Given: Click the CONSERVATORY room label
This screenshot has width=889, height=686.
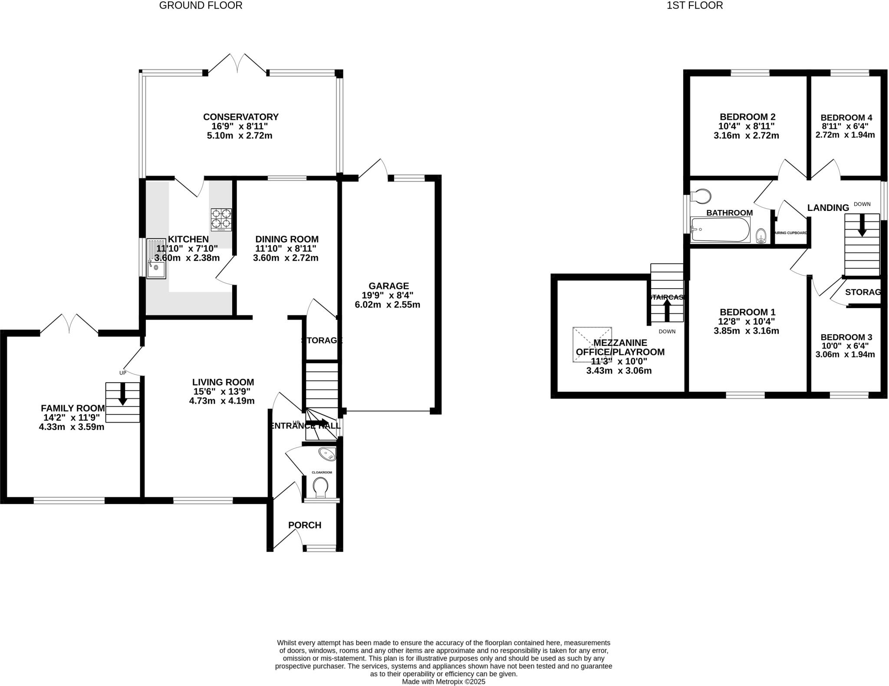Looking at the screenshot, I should point(240,117).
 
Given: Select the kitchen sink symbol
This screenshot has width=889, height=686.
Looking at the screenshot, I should point(156,258).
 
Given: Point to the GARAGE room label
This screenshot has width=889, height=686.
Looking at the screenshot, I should point(389,286).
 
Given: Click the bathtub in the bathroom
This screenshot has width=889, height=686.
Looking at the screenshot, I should point(720,230).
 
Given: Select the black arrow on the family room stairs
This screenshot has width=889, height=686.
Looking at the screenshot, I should point(123,394).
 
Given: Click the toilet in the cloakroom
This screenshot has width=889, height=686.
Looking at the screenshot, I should point(320,487).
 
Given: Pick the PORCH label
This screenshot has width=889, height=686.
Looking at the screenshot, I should point(305,525).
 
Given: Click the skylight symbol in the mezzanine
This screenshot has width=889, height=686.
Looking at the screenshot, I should point(592,344).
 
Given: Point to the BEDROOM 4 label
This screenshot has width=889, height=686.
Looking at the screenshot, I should point(846,118).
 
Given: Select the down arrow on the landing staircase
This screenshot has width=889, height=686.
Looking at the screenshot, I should point(862,226).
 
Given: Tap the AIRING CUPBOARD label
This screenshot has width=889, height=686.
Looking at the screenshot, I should point(790,233).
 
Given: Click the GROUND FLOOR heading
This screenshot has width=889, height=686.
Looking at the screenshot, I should point(201,6).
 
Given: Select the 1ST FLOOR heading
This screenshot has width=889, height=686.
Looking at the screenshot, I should point(695,6).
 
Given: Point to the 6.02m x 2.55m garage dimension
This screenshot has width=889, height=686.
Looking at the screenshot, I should point(387,305).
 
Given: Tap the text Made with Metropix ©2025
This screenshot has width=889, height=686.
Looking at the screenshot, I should point(443,682).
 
